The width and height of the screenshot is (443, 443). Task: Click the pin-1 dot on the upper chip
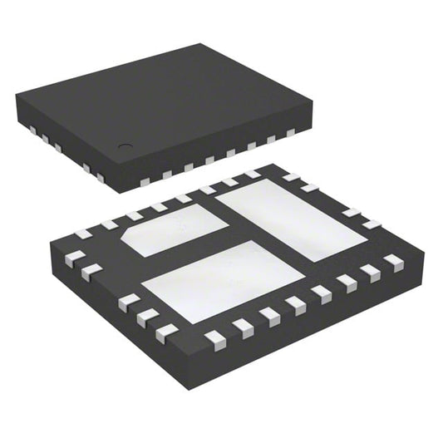pos(125,147)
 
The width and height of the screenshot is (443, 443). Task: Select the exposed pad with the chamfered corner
pos(176,231)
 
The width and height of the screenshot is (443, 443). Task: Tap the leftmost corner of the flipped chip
pos(51,241)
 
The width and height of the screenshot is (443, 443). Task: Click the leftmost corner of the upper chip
pos(16,97)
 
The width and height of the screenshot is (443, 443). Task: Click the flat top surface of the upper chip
pos(166,100)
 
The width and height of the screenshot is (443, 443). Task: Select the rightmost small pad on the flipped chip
pos(393,261)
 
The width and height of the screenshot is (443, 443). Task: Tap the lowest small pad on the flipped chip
pos(214,338)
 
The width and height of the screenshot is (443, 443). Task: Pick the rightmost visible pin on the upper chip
pos(291,133)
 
